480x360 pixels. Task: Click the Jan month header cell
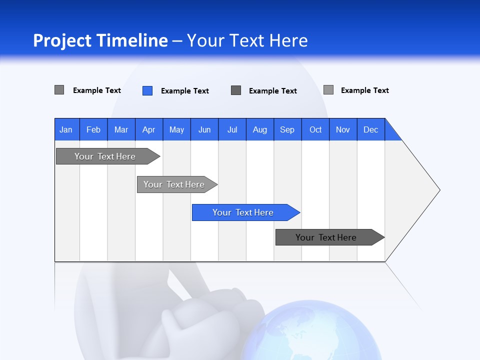point(66,129)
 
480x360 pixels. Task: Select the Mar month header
point(121,129)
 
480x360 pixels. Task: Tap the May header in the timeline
point(176,129)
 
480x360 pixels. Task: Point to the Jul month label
point(232,129)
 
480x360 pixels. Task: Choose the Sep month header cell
point(287,129)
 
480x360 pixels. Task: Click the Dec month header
point(370,129)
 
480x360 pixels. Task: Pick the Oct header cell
point(315,129)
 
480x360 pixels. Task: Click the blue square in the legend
point(147,90)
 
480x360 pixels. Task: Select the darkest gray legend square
point(236,90)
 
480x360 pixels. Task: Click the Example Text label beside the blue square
point(184,91)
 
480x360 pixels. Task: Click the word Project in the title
point(62,40)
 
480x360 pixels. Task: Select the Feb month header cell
point(93,129)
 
